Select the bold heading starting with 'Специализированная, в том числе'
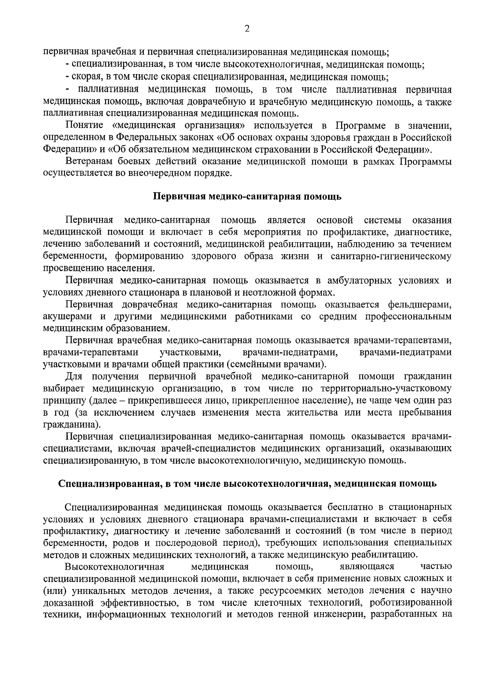(247, 484)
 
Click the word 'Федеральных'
(143, 138)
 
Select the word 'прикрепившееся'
(153, 400)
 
